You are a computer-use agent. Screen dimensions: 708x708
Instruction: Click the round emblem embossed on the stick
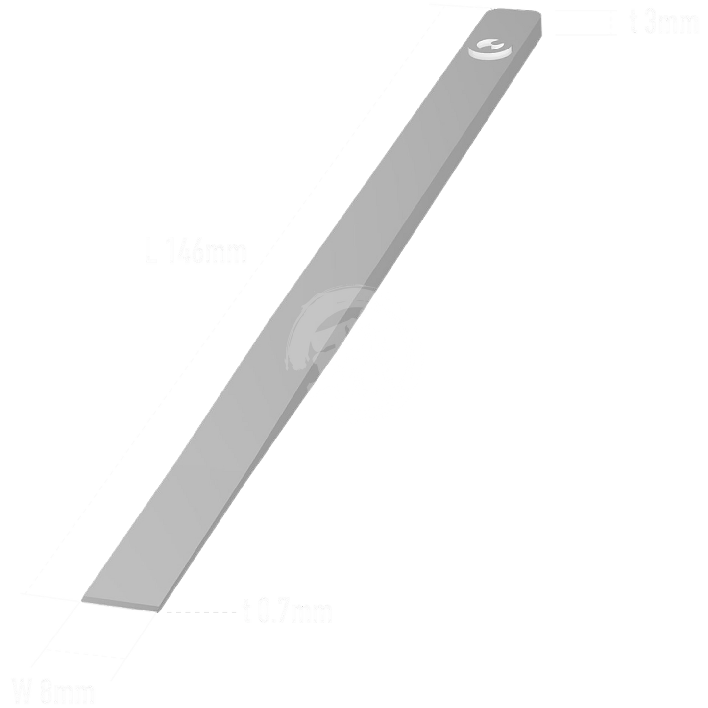(x=489, y=49)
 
